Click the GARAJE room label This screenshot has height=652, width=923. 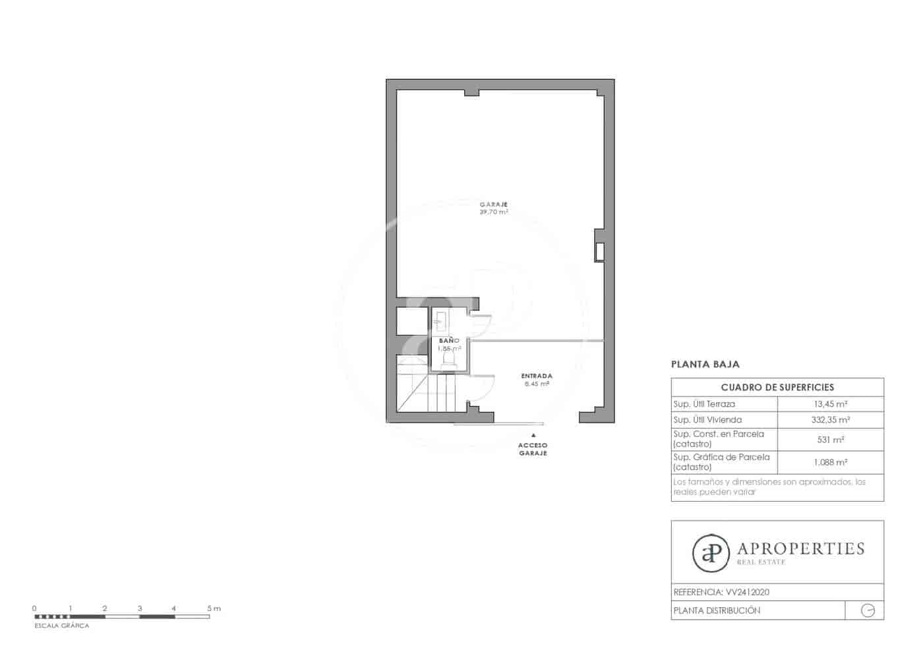(x=493, y=204)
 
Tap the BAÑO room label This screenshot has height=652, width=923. (x=449, y=340)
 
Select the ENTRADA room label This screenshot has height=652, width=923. (x=537, y=376)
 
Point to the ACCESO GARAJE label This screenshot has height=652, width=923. (x=533, y=450)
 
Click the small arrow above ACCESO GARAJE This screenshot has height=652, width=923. (x=533, y=436)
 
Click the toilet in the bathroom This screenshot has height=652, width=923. (x=448, y=360)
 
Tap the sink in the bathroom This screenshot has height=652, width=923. (x=441, y=322)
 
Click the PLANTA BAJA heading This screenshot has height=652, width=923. (x=705, y=364)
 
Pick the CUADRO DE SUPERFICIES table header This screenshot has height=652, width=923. (x=777, y=387)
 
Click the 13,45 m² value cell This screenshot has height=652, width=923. (x=830, y=404)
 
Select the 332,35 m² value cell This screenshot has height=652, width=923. (x=830, y=420)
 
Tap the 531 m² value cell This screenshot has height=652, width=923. (x=830, y=440)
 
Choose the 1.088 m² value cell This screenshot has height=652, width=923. (x=830, y=463)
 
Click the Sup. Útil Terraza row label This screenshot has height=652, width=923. (x=704, y=404)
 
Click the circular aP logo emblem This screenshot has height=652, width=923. (x=711, y=552)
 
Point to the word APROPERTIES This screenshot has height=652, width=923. (x=800, y=548)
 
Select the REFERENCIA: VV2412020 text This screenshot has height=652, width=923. (x=721, y=592)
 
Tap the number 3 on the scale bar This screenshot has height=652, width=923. (x=140, y=608)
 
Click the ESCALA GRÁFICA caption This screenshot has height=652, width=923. (x=61, y=626)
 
